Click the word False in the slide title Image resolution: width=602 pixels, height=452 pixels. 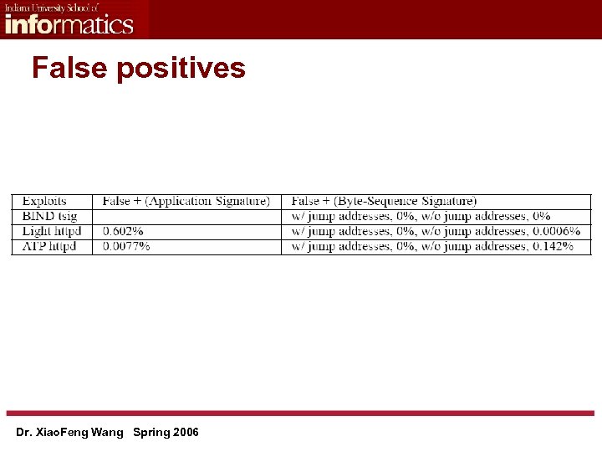[69, 67]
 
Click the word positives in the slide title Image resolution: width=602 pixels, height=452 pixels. [181, 69]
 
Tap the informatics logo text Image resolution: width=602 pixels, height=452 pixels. [69, 23]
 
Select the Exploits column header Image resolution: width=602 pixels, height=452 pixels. [44, 201]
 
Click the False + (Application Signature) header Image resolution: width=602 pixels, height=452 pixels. [186, 201]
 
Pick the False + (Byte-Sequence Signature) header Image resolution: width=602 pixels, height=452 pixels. [384, 201]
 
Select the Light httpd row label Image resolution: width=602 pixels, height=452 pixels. [51, 231]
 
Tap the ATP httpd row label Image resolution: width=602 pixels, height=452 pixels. [48, 246]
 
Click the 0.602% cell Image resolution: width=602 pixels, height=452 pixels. [123, 231]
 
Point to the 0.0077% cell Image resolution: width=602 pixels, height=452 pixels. [126, 246]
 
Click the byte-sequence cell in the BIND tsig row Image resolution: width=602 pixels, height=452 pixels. [421, 216]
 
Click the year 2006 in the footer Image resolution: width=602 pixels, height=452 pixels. [185, 433]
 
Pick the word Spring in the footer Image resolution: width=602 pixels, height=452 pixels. [150, 433]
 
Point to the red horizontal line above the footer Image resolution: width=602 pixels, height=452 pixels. [301, 413]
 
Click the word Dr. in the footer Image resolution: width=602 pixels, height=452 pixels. [23, 433]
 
